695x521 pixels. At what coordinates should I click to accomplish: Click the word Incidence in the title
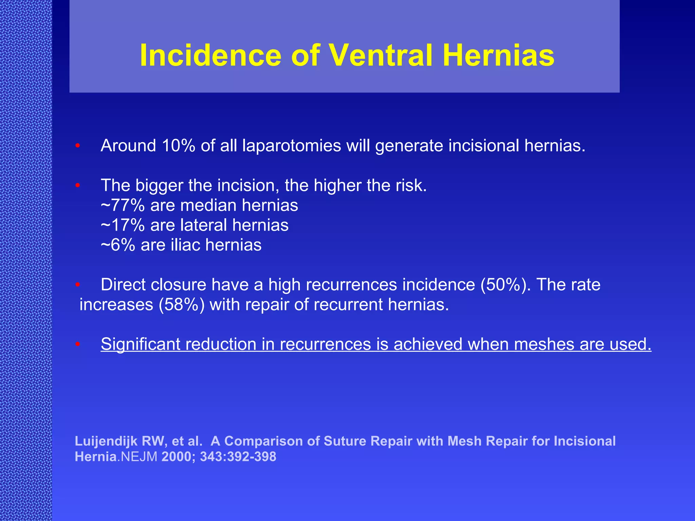pos(210,55)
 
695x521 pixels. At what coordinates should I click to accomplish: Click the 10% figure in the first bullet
pos(179,146)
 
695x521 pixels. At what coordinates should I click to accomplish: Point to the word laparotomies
pos(292,146)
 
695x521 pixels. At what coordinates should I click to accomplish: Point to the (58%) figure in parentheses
pos(182,305)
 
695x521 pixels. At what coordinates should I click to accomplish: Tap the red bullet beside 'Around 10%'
pos(78,146)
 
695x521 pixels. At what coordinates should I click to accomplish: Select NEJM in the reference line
pos(139,457)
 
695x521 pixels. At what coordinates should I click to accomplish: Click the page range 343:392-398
pos(238,457)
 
